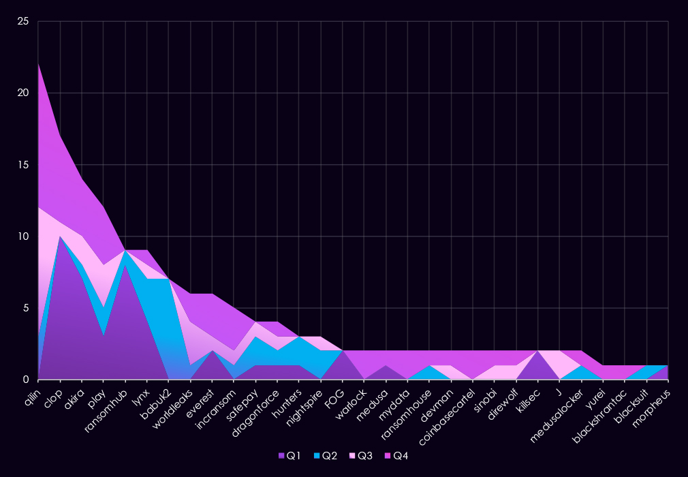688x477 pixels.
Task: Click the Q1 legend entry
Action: (290, 456)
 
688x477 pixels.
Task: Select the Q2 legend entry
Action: (326, 456)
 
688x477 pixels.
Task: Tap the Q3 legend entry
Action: (361, 456)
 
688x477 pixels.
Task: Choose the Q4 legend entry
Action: (397, 456)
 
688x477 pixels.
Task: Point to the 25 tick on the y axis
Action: (23, 22)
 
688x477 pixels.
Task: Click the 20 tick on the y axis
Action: (23, 93)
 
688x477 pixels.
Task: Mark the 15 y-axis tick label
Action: (23, 165)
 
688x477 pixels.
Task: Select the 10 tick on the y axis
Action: (23, 236)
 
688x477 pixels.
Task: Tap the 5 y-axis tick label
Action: (26, 308)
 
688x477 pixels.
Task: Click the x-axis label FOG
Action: (333, 393)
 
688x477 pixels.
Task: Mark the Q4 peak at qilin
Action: (39, 64)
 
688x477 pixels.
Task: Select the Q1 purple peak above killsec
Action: (538, 352)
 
